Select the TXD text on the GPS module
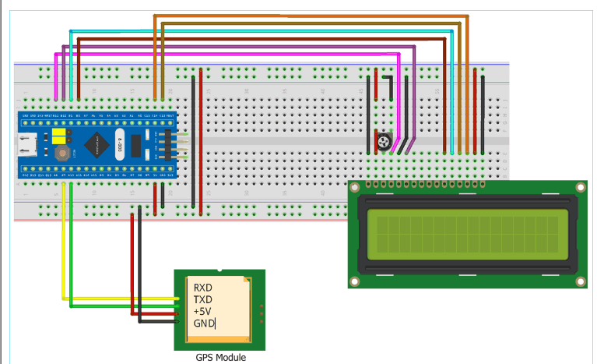[x=202, y=299]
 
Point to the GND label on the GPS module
[x=203, y=323]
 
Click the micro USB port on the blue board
[x=30, y=143]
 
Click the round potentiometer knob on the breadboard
[x=383, y=141]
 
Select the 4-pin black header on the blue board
[x=164, y=144]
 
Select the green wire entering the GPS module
[x=117, y=304]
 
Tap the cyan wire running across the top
[x=257, y=31]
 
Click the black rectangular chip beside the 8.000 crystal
[x=137, y=145]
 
